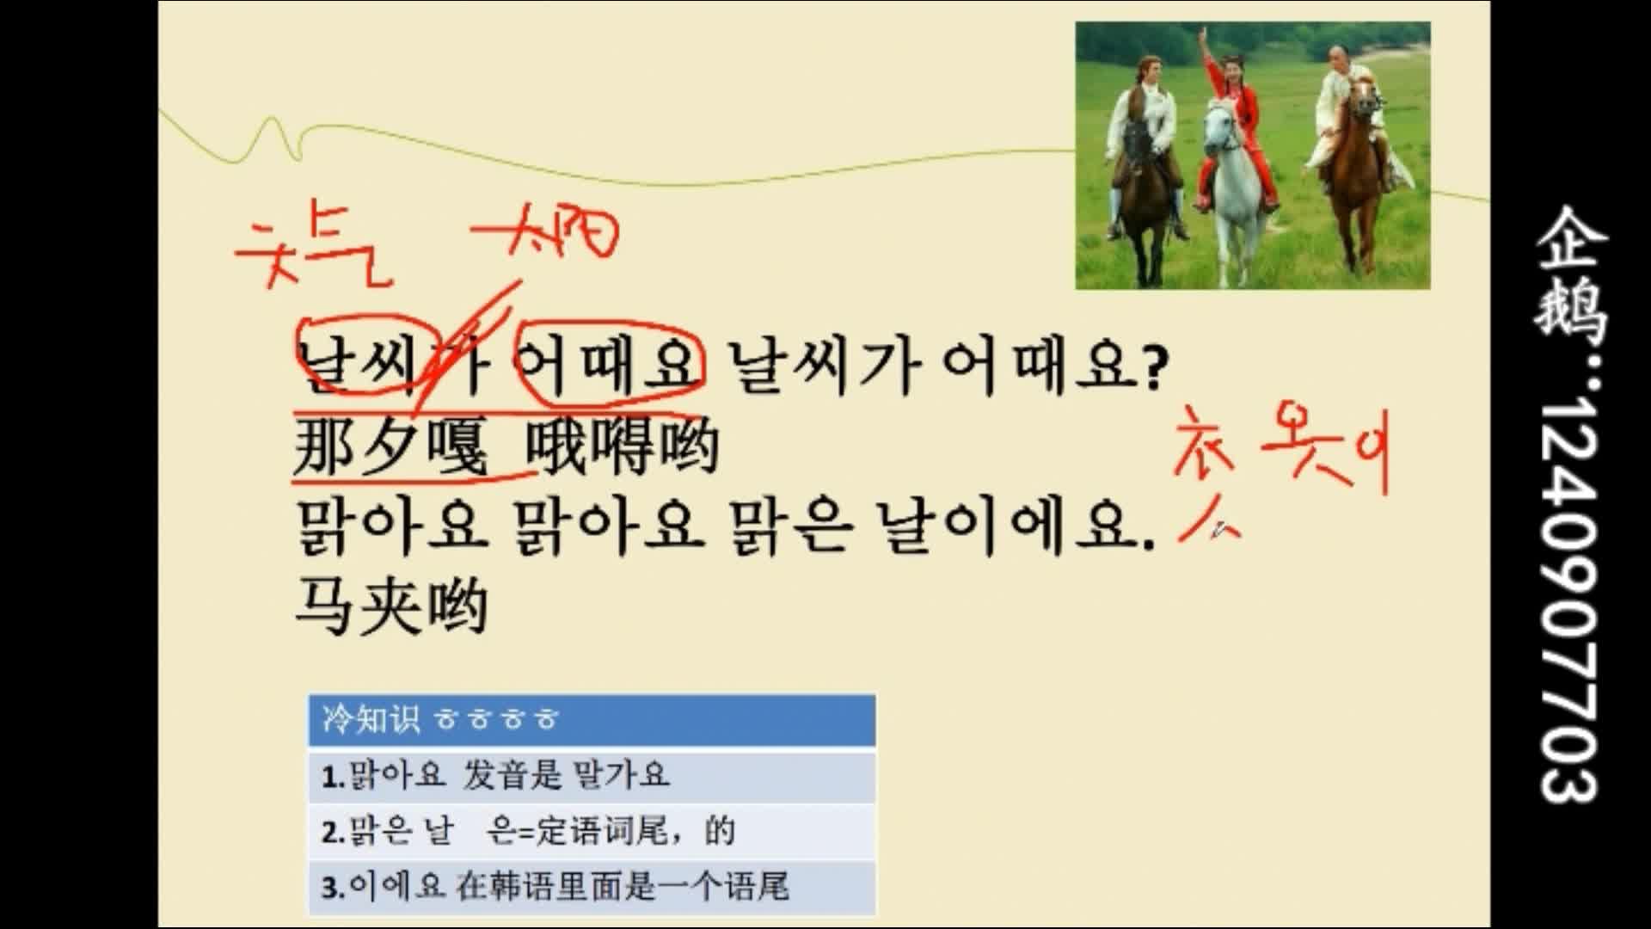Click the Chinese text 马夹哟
click(391, 606)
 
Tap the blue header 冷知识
click(592, 720)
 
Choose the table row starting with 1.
click(592, 776)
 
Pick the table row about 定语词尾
click(592, 832)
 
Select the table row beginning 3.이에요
click(592, 887)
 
